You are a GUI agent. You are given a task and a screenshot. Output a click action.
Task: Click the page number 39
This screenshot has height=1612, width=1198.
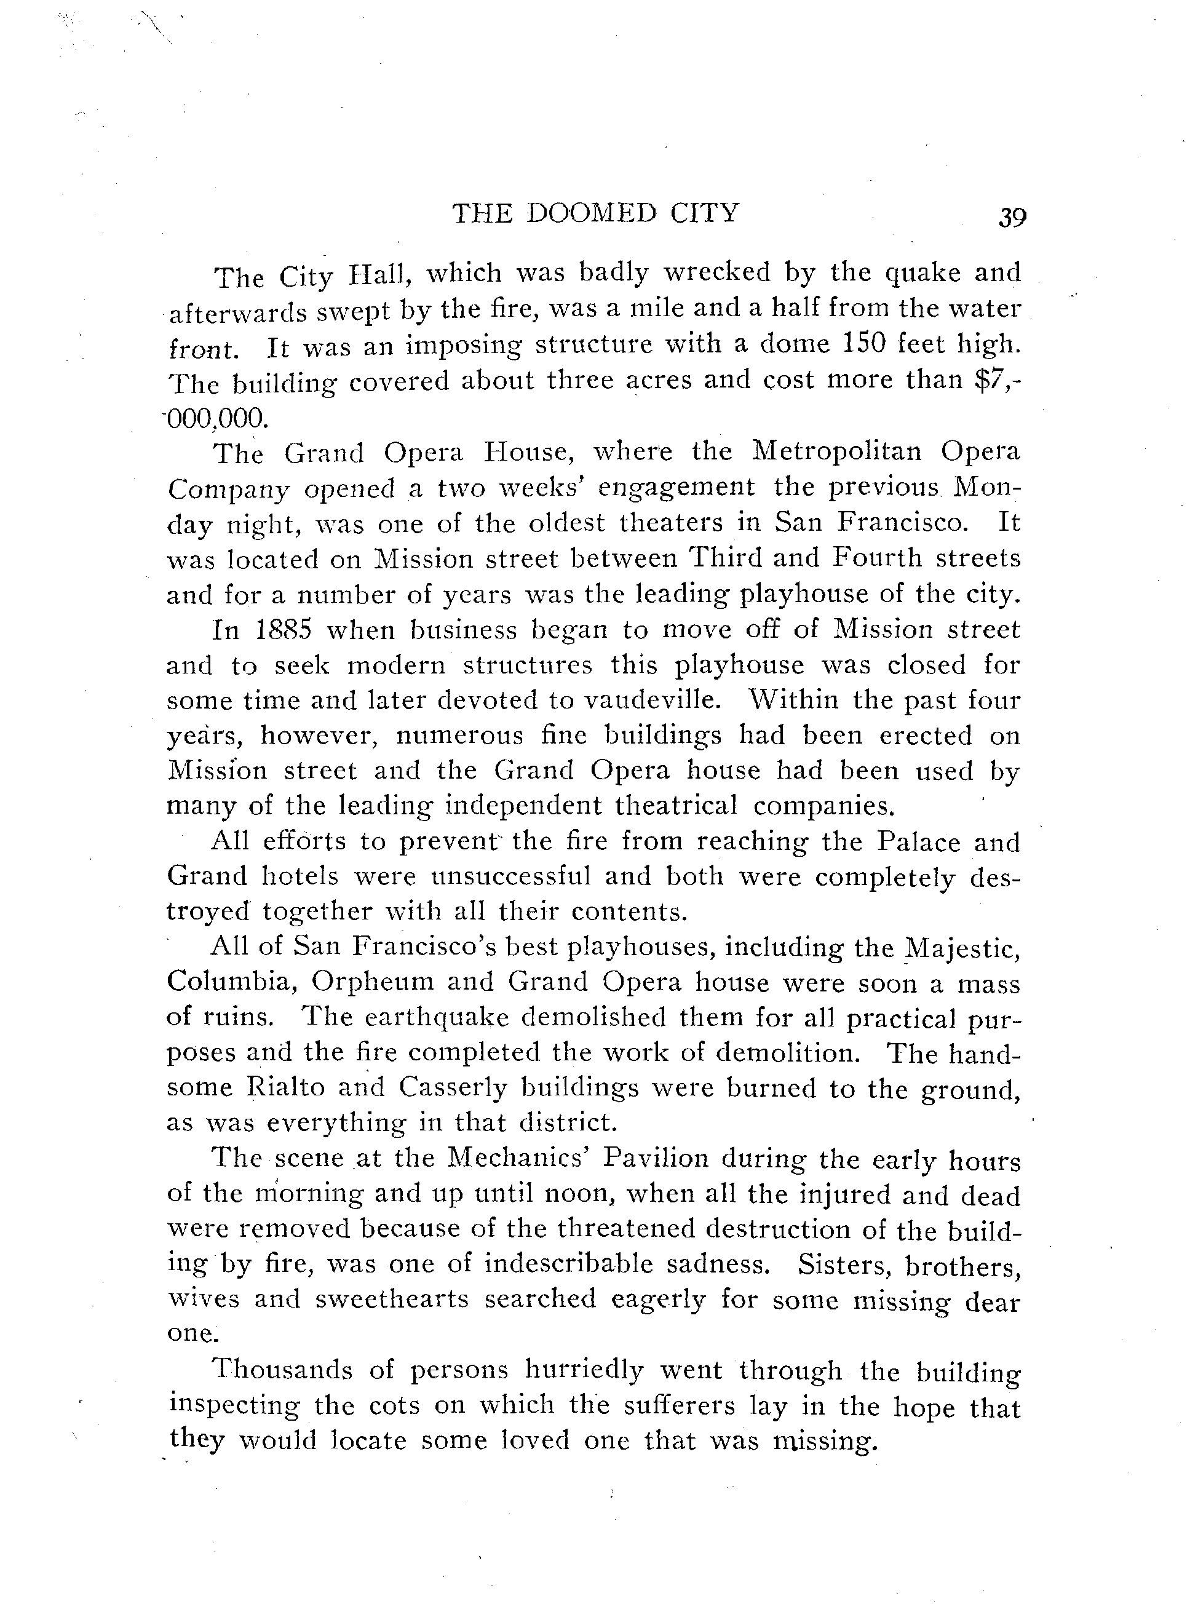tap(1012, 217)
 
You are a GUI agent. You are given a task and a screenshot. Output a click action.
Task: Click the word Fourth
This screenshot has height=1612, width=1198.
tap(877, 558)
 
